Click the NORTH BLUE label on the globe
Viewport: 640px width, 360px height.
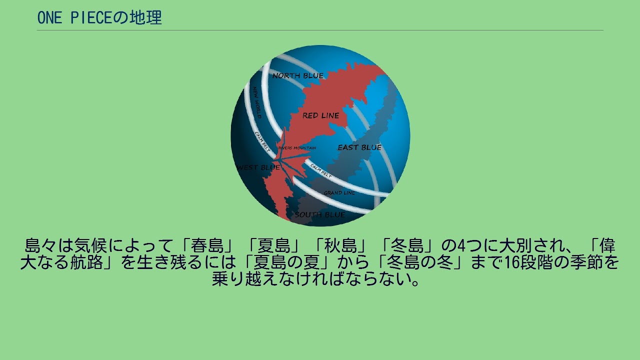tap(298, 75)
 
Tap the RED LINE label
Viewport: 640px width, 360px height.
tap(320, 115)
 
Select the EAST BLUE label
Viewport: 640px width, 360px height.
tap(359, 147)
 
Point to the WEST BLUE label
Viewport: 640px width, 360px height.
tap(258, 167)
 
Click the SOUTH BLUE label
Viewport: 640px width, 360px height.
tap(319, 215)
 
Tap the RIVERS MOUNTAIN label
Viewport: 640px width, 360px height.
tap(297, 148)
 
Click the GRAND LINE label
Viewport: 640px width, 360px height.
tap(339, 192)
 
